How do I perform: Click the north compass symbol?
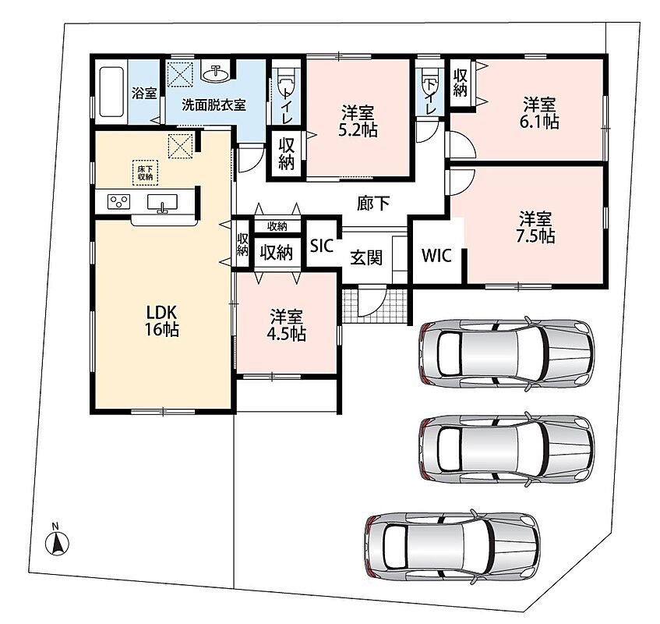click(57, 541)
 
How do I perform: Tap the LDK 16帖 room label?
click(162, 321)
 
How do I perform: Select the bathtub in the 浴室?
click(111, 91)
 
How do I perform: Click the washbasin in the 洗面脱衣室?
click(216, 73)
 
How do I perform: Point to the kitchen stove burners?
click(119, 202)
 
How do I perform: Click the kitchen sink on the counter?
click(162, 203)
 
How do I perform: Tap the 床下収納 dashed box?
click(145, 172)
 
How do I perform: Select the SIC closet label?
click(322, 245)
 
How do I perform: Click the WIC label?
click(436, 256)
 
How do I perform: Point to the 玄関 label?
click(366, 257)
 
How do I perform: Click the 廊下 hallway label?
click(373, 204)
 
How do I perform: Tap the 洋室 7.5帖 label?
click(535, 228)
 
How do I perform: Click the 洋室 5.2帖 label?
click(358, 121)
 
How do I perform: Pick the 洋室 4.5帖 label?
click(286, 324)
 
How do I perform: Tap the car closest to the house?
click(506, 353)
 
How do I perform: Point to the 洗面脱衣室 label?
click(214, 105)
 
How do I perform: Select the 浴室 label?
click(144, 93)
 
